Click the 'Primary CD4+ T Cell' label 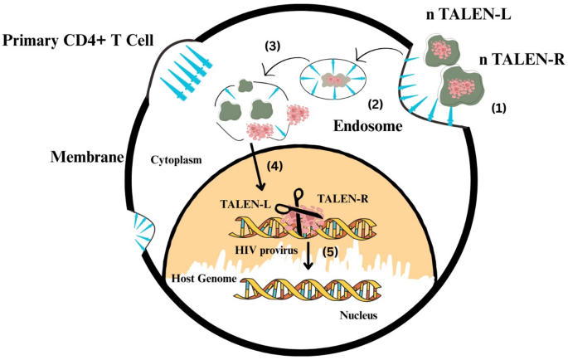[82, 42]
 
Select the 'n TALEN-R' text [520, 61]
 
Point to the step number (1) [498, 108]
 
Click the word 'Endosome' [368, 127]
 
